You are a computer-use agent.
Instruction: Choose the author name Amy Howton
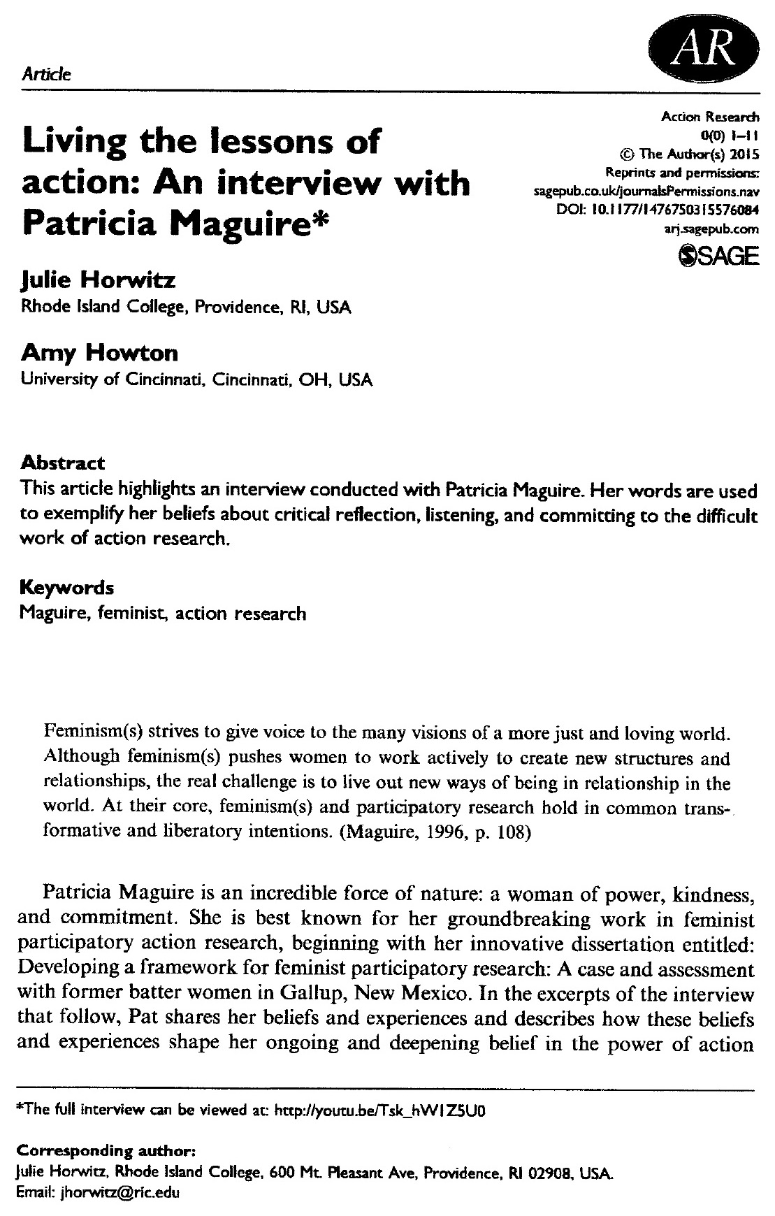[99, 353]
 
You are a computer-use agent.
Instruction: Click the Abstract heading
[63, 463]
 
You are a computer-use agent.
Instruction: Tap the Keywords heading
[67, 587]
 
